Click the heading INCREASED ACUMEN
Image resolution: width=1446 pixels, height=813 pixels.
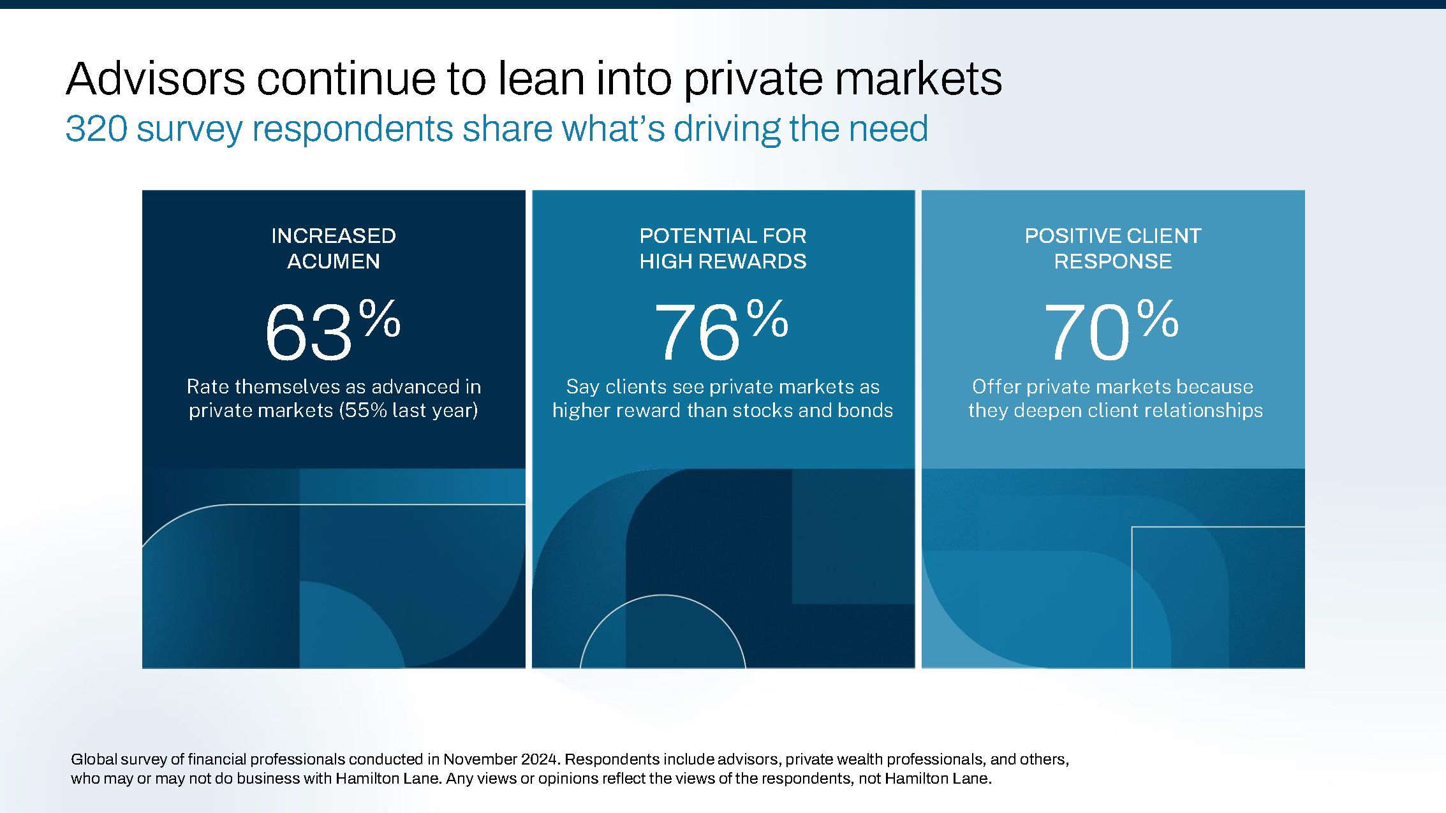334,249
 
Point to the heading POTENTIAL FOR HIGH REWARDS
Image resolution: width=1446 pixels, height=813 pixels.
723,249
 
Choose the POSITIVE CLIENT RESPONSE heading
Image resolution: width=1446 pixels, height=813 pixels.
1113,249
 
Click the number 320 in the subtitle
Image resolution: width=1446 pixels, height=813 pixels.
96,129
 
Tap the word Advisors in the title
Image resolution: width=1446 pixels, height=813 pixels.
156,79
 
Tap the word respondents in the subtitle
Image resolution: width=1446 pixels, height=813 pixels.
353,129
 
